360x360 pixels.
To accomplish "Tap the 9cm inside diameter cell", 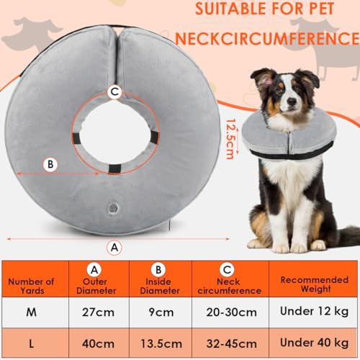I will coord(165,313).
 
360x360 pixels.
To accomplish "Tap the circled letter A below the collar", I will coord(112,246).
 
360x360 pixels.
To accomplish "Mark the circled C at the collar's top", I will coord(112,91).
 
